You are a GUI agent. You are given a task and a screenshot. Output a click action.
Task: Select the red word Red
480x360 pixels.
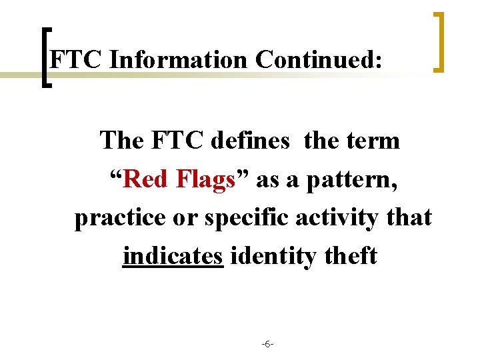pyautogui.click(x=147, y=179)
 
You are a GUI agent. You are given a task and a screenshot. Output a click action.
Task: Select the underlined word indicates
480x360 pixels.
pyautogui.click(x=173, y=256)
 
